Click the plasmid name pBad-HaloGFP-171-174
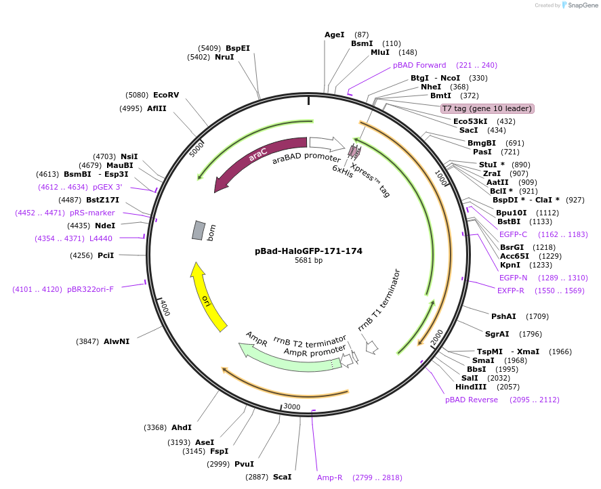308,251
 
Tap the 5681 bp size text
308,260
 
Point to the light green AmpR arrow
285,356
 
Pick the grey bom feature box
198,230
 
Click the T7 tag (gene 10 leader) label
487,108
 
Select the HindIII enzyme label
471,387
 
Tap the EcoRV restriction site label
166,95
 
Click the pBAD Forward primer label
419,65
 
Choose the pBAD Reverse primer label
472,400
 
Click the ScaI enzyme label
282,477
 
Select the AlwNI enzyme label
117,341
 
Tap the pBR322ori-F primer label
90,289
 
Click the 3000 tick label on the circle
291,406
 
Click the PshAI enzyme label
504,316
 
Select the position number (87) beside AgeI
362,35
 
